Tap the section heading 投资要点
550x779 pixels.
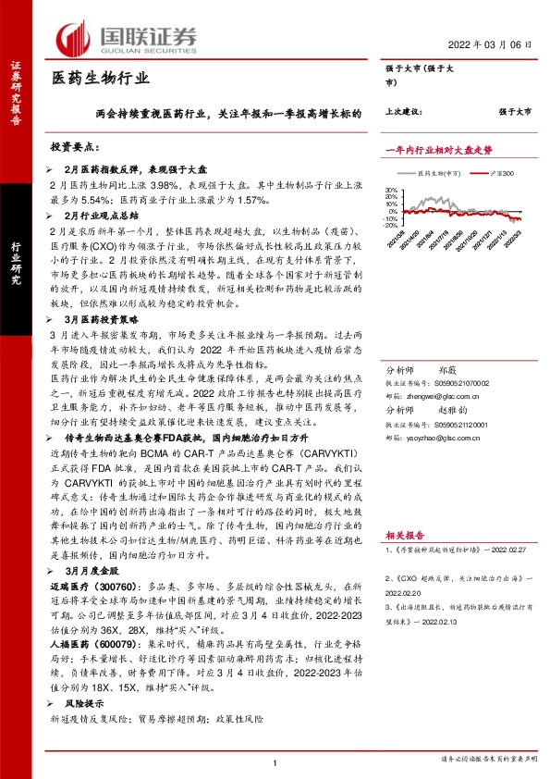[x=74, y=147]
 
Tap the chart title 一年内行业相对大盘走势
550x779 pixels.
[x=437, y=148]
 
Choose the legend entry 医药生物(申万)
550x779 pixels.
[x=441, y=172]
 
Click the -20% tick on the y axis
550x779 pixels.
[x=390, y=224]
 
